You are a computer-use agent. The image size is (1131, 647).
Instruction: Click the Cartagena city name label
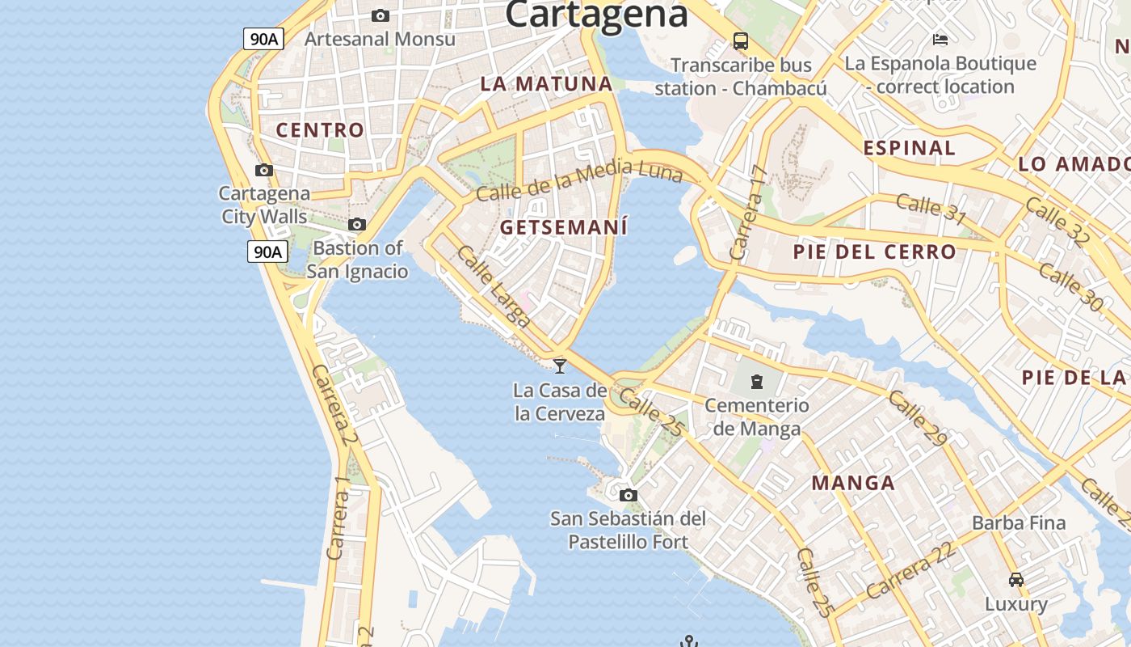(596, 14)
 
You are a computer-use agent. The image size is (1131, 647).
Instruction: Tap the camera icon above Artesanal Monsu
(380, 15)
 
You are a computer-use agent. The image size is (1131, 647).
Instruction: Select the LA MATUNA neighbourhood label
(547, 83)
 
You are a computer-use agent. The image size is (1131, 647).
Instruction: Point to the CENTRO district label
(320, 129)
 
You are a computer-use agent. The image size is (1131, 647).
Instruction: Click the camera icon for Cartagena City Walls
(263, 170)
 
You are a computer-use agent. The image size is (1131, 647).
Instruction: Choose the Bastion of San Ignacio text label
(357, 259)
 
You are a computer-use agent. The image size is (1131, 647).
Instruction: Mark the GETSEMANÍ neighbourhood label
(563, 227)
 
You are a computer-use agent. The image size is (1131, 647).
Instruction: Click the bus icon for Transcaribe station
(740, 40)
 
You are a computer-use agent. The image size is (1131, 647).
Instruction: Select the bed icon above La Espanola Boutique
(940, 39)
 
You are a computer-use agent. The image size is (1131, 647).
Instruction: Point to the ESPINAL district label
(909, 148)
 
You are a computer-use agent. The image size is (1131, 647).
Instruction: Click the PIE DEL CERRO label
(874, 252)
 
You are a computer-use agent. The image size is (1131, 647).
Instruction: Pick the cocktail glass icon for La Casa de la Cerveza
(559, 366)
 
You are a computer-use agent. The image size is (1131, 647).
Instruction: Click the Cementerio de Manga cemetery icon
(756, 381)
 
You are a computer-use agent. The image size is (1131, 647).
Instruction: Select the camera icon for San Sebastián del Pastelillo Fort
(628, 495)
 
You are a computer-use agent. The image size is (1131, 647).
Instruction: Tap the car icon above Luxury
(1016, 579)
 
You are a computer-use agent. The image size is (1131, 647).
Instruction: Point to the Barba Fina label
(1019, 522)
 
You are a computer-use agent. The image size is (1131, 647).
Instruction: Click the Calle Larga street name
(493, 286)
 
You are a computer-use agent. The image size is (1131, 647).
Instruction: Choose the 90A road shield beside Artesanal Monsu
(264, 38)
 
